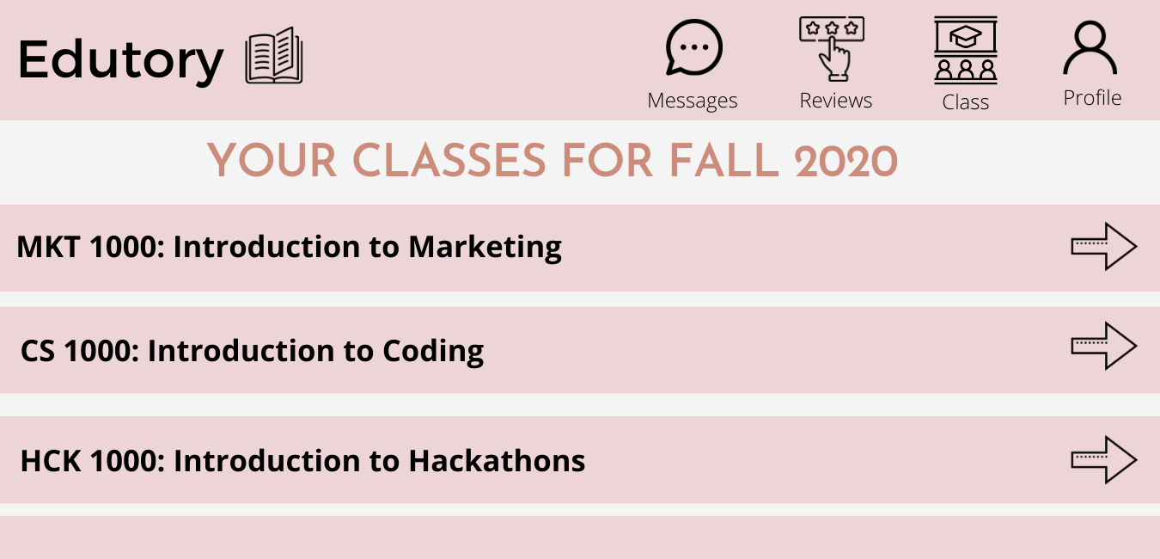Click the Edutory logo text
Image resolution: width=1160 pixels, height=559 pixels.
pyautogui.click(x=120, y=61)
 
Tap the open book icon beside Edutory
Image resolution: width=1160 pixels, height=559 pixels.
pyautogui.click(x=274, y=55)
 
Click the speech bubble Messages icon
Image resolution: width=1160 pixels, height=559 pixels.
pyautogui.click(x=693, y=47)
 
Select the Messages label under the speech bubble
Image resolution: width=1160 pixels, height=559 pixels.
pyautogui.click(x=693, y=101)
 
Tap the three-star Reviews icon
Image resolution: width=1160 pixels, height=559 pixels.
pyautogui.click(x=832, y=49)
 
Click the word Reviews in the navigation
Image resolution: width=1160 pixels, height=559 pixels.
pyautogui.click(x=836, y=101)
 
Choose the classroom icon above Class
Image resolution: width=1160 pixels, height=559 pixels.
pyautogui.click(x=966, y=50)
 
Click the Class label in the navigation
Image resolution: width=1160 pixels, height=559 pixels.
pyautogui.click(x=965, y=102)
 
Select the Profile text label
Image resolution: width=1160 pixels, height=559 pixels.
pyautogui.click(x=1092, y=97)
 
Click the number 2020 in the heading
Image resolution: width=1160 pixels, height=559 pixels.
pyautogui.click(x=846, y=161)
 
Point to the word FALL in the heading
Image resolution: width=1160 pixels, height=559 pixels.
pyautogui.click(x=723, y=161)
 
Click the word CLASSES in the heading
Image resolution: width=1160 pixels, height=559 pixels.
pyautogui.click(x=449, y=161)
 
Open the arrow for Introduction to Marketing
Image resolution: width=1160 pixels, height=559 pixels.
pyautogui.click(x=1103, y=247)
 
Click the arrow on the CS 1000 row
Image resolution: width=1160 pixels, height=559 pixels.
pyautogui.click(x=1103, y=346)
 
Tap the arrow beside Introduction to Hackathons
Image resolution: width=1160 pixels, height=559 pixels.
pyautogui.click(x=1103, y=460)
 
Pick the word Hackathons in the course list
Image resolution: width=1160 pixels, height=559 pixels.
pyautogui.click(x=497, y=461)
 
